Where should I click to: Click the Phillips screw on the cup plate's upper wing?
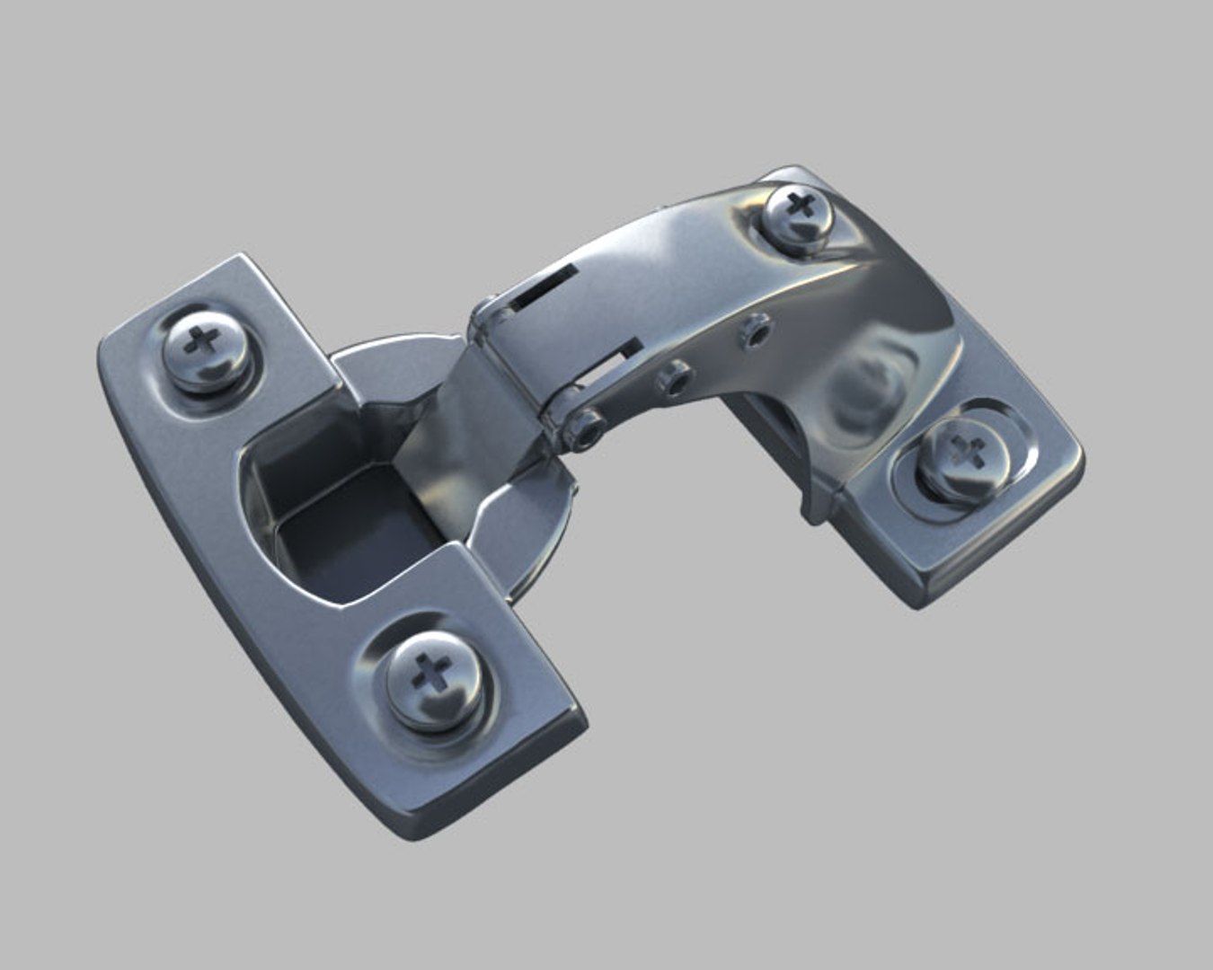coord(206,348)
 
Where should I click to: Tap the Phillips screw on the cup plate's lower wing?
coord(433,678)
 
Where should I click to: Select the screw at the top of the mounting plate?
coord(797,215)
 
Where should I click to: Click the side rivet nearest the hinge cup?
coord(588,428)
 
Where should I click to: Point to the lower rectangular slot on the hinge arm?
coord(613,360)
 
